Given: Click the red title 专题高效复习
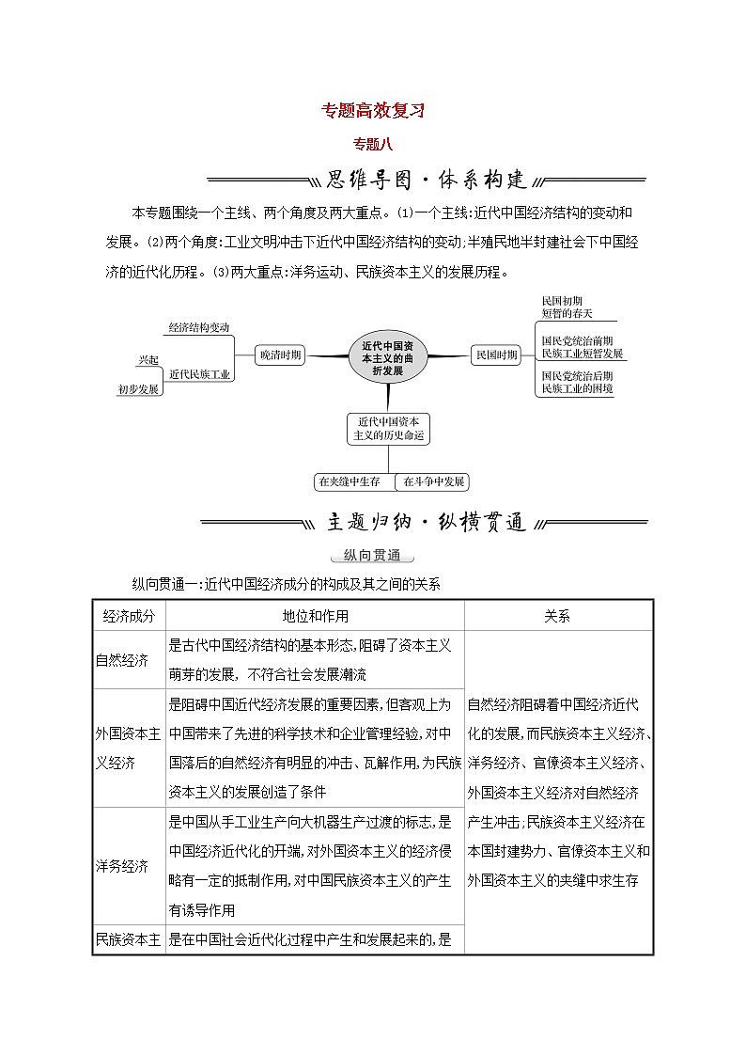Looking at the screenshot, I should pos(373,110).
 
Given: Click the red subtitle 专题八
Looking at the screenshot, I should pos(372,144).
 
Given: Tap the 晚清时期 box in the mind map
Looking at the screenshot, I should pos(280,355).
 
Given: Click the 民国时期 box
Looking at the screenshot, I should pos(495,355).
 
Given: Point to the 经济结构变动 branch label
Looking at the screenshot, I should pos(199,327).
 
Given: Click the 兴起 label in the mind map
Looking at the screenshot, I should pos(148,359).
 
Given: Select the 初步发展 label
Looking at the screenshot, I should pos(138,388).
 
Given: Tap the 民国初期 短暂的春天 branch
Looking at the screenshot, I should pos(567,307).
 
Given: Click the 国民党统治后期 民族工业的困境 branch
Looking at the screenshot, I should pos(577,382).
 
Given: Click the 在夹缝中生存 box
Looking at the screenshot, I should pos(349,481).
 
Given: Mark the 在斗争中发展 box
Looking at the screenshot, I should pos(433,481).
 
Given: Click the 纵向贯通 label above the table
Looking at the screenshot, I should pos(373,555).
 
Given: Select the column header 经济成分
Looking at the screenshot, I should pos(129,616).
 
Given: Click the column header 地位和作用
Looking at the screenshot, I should pos(315,616).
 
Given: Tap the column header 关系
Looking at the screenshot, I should pos(557,616).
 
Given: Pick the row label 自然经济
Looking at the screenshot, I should pos(122,659).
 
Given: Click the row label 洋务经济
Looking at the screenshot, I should pos(122,866).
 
